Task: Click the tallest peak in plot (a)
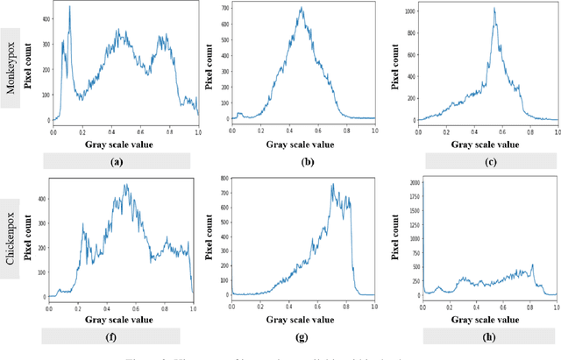(69, 8)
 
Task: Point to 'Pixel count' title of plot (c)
(392, 67)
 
